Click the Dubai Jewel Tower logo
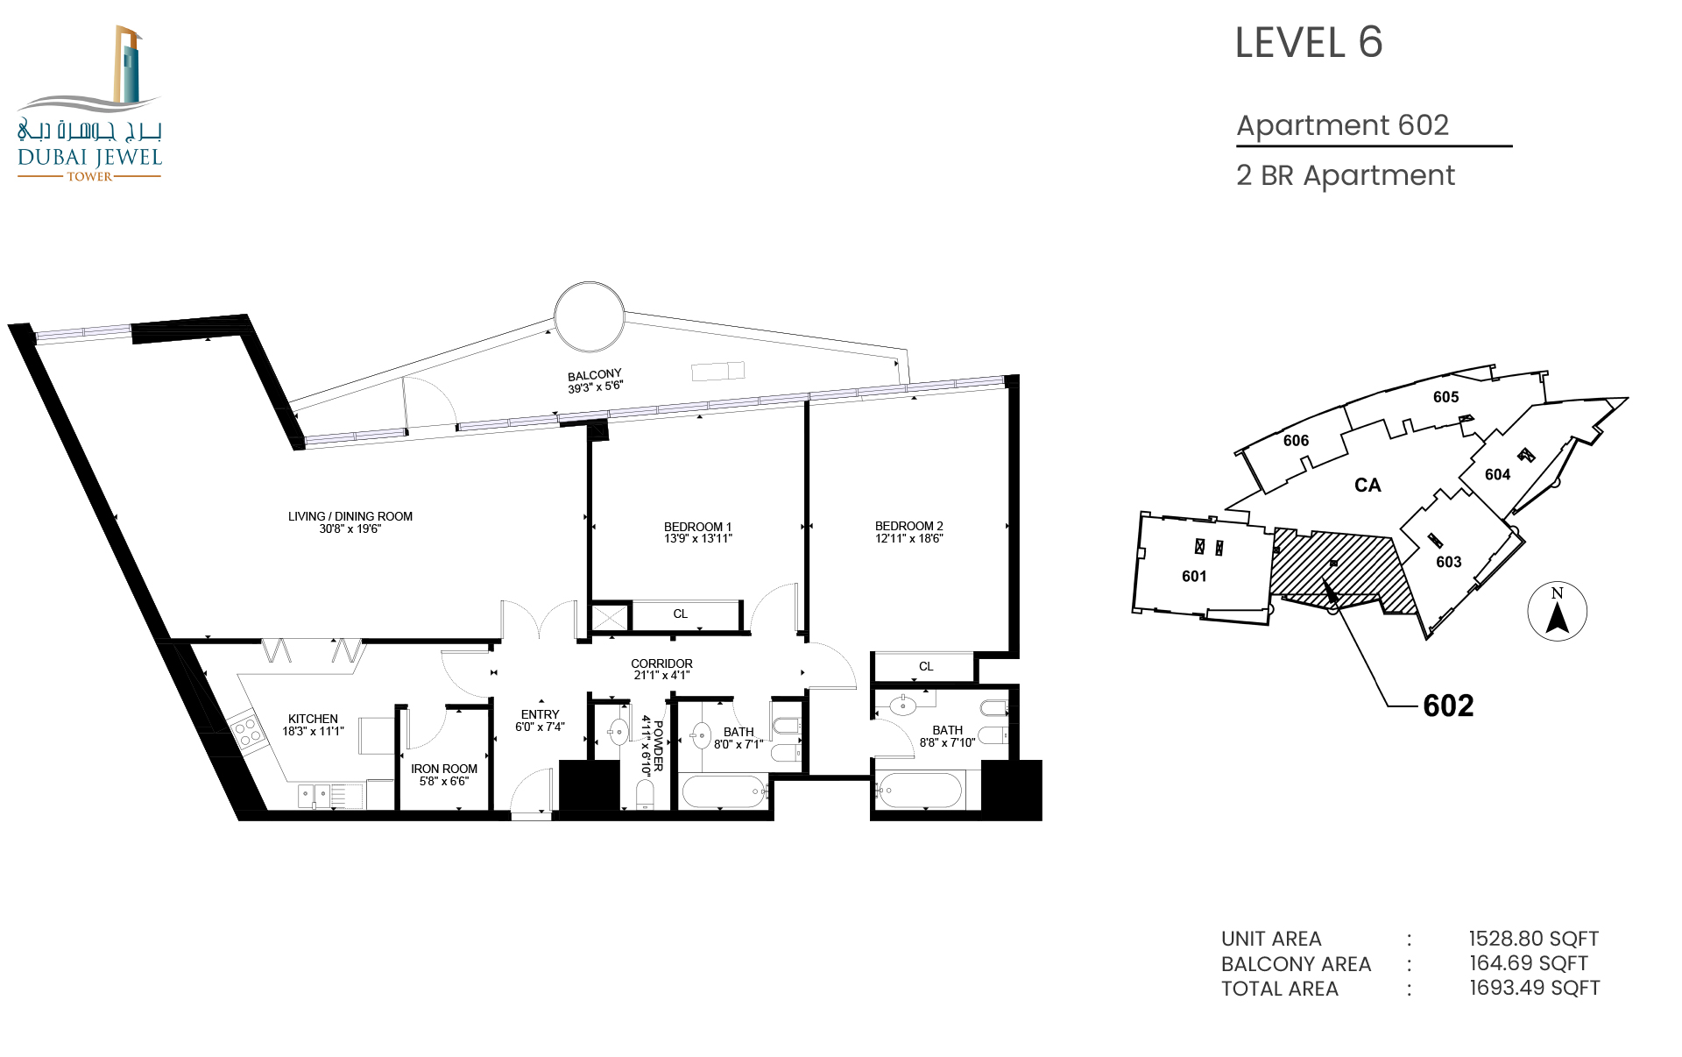[x=89, y=103]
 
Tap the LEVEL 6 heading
[x=1308, y=43]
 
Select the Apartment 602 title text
[x=1342, y=125]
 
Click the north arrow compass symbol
[x=1557, y=611]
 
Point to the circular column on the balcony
[x=590, y=316]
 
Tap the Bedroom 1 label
[x=697, y=527]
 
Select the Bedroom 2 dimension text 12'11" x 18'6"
[x=909, y=538]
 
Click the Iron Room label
[x=444, y=769]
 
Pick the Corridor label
[x=661, y=663]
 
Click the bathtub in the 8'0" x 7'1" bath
[x=724, y=792]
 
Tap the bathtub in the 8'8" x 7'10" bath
[x=919, y=791]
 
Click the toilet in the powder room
[x=645, y=795]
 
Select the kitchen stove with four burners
[x=246, y=733]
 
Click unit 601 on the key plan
[x=1194, y=576]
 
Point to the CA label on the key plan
[x=1368, y=485]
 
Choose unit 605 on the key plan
[x=1445, y=397]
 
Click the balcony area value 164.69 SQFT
[x=1529, y=963]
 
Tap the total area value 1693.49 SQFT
[x=1534, y=988]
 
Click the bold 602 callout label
[x=1448, y=706]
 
